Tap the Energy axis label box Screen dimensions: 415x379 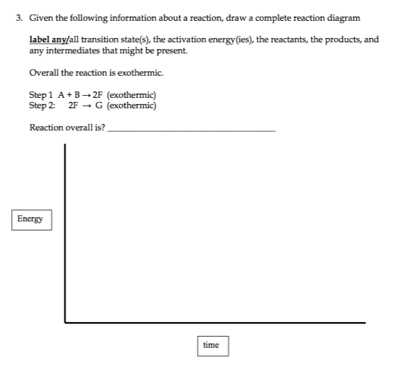pyautogui.click(x=31, y=219)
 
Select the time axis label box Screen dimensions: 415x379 pyautogui.click(x=211, y=345)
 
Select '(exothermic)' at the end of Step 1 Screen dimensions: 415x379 pyautogui.click(x=137, y=95)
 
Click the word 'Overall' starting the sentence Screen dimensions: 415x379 pyautogui.click(x=44, y=73)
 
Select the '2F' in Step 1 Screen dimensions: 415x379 pyautogui.click(x=108, y=95)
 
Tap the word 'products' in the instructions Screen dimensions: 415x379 pyautogui.click(x=327, y=40)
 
